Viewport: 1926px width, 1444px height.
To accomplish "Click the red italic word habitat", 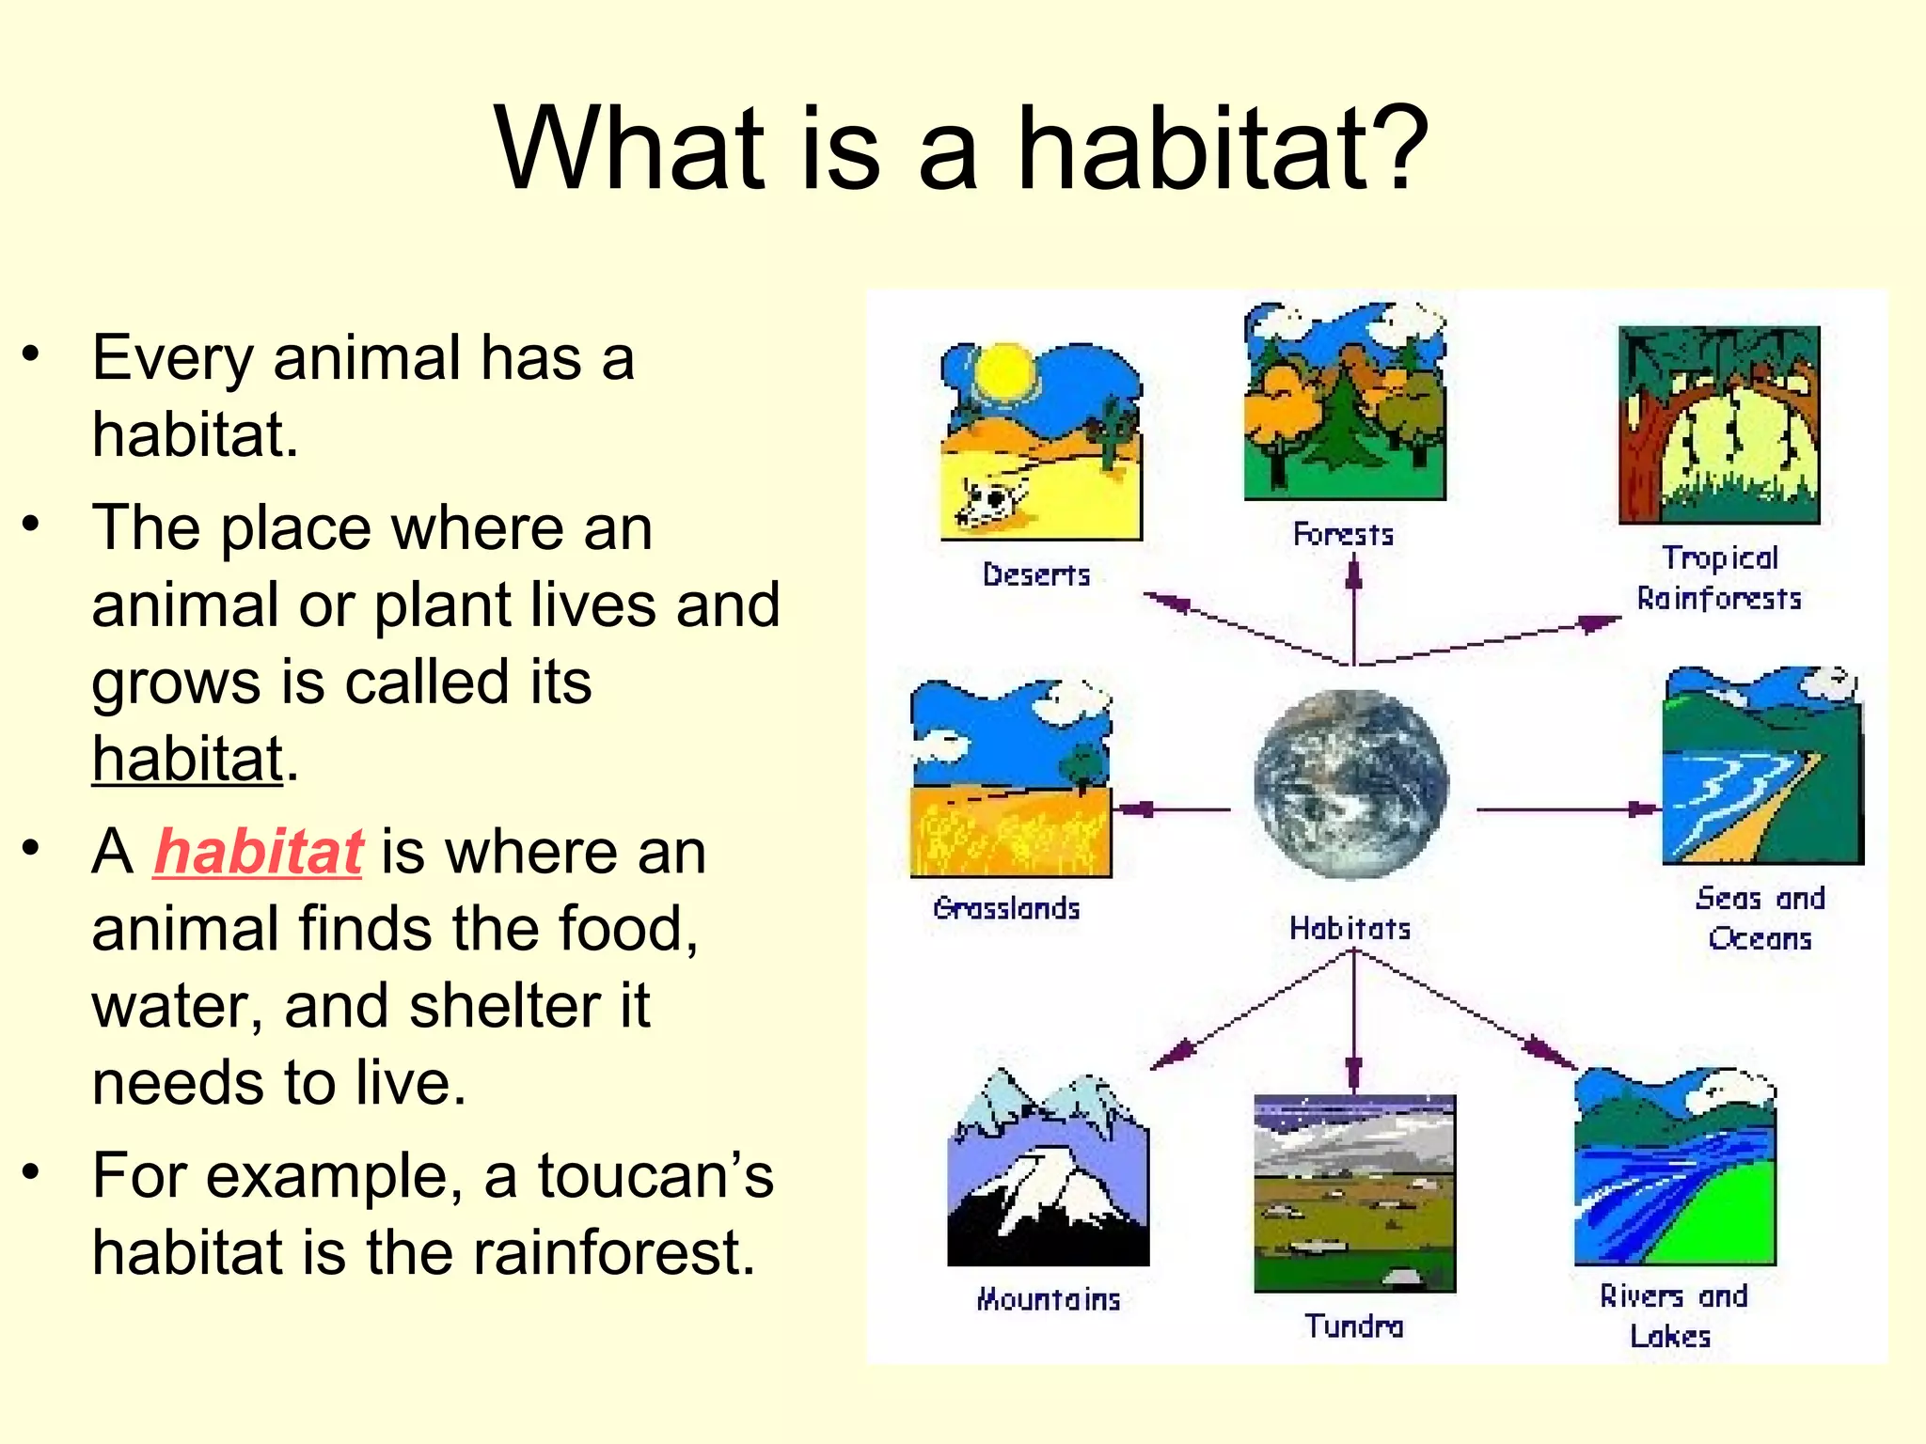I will coord(258,852).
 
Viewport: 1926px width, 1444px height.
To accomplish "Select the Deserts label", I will coord(1035,574).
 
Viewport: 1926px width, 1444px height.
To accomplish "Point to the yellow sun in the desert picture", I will coord(1003,371).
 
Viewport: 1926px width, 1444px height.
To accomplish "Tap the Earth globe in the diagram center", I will coord(1351,785).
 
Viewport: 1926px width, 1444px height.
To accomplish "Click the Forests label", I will coord(1343,535).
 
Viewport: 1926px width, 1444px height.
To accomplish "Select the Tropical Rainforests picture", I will coord(1718,425).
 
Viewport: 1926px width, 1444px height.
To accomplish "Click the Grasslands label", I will coord(1006,908).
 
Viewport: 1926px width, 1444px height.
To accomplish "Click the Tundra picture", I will coord(1354,1194).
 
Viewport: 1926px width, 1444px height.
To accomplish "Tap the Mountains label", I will coord(1049,1299).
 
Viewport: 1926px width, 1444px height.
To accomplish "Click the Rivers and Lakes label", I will coord(1672,1315).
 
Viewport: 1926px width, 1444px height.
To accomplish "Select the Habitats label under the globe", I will coord(1350,929).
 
